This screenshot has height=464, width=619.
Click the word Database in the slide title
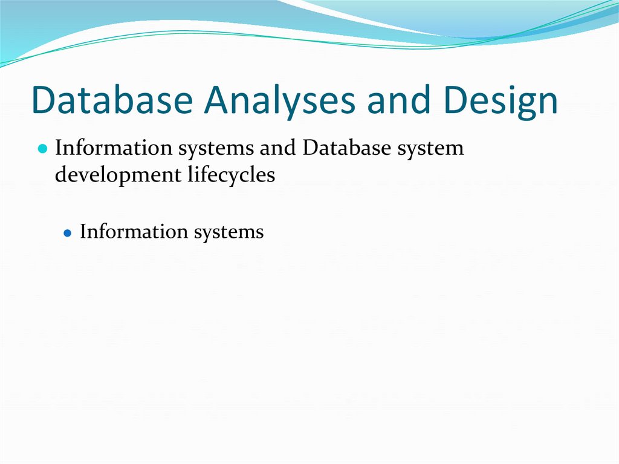(111, 100)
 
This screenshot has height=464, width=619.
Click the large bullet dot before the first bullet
(42, 149)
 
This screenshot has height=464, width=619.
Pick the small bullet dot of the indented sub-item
(68, 233)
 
